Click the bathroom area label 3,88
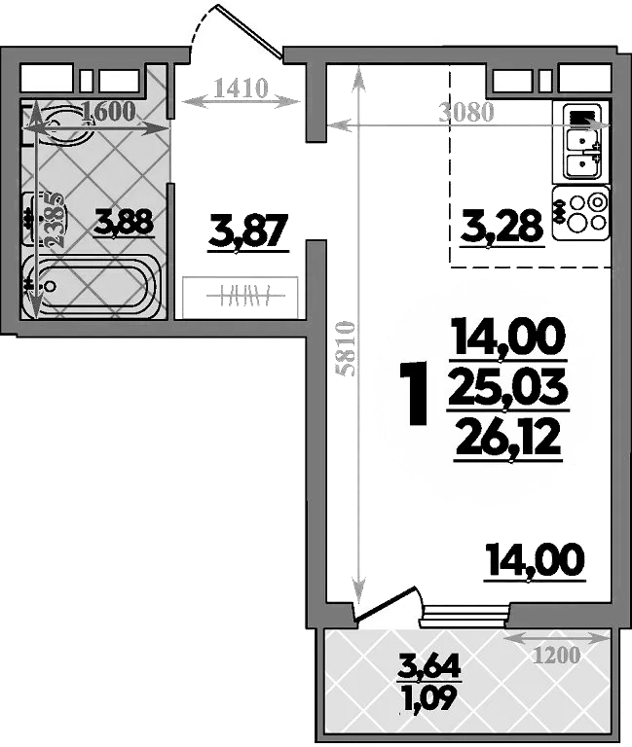click(124, 225)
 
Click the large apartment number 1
click(415, 393)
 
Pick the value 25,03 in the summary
click(508, 389)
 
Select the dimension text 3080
click(466, 112)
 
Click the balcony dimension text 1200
click(557, 656)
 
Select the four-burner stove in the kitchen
click(580, 214)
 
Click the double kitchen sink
click(581, 141)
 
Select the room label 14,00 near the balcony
click(536, 559)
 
